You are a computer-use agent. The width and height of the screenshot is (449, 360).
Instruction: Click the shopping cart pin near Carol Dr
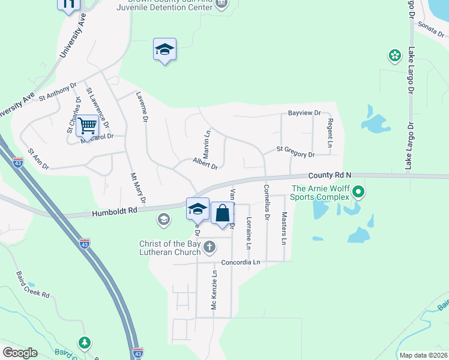pos(88,127)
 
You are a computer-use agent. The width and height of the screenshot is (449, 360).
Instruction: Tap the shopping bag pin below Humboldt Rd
pos(222,214)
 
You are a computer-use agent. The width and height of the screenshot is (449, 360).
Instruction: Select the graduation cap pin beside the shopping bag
pos(197,209)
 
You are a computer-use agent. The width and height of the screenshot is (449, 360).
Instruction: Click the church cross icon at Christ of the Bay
pos(209,247)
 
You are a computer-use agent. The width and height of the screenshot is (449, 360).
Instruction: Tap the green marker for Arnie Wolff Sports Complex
pos(358,193)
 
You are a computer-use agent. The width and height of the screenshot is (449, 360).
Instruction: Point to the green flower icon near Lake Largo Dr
pos(394,56)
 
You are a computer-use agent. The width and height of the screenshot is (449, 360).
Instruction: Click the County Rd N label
pos(330,175)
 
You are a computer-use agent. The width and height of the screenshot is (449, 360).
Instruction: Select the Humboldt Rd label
pos(115,211)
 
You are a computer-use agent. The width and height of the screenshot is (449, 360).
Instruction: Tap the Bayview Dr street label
pos(304,113)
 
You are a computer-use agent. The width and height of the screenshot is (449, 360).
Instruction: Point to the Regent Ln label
pos(330,133)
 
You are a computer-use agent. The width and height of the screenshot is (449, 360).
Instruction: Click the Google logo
pos(20,353)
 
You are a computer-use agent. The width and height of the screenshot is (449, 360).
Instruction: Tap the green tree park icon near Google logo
pos(85,343)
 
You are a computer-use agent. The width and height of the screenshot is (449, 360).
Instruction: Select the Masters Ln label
pos(284,228)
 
